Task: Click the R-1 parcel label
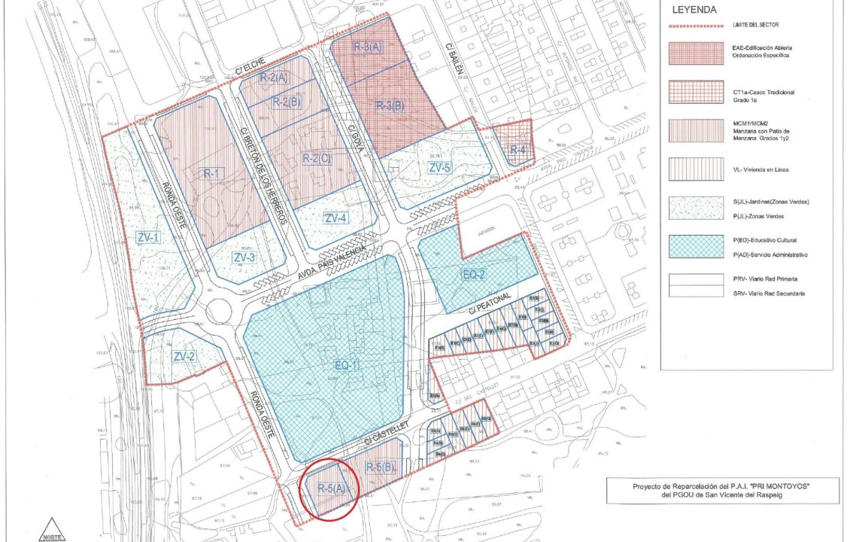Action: click(211, 173)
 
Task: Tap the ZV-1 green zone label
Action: click(148, 238)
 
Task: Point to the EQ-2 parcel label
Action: click(475, 275)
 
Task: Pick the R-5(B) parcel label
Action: click(380, 467)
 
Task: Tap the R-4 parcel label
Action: click(517, 150)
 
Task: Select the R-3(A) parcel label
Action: click(369, 47)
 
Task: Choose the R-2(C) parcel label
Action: click(316, 158)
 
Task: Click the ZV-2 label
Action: click(184, 355)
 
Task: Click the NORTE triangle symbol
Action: click(51, 530)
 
